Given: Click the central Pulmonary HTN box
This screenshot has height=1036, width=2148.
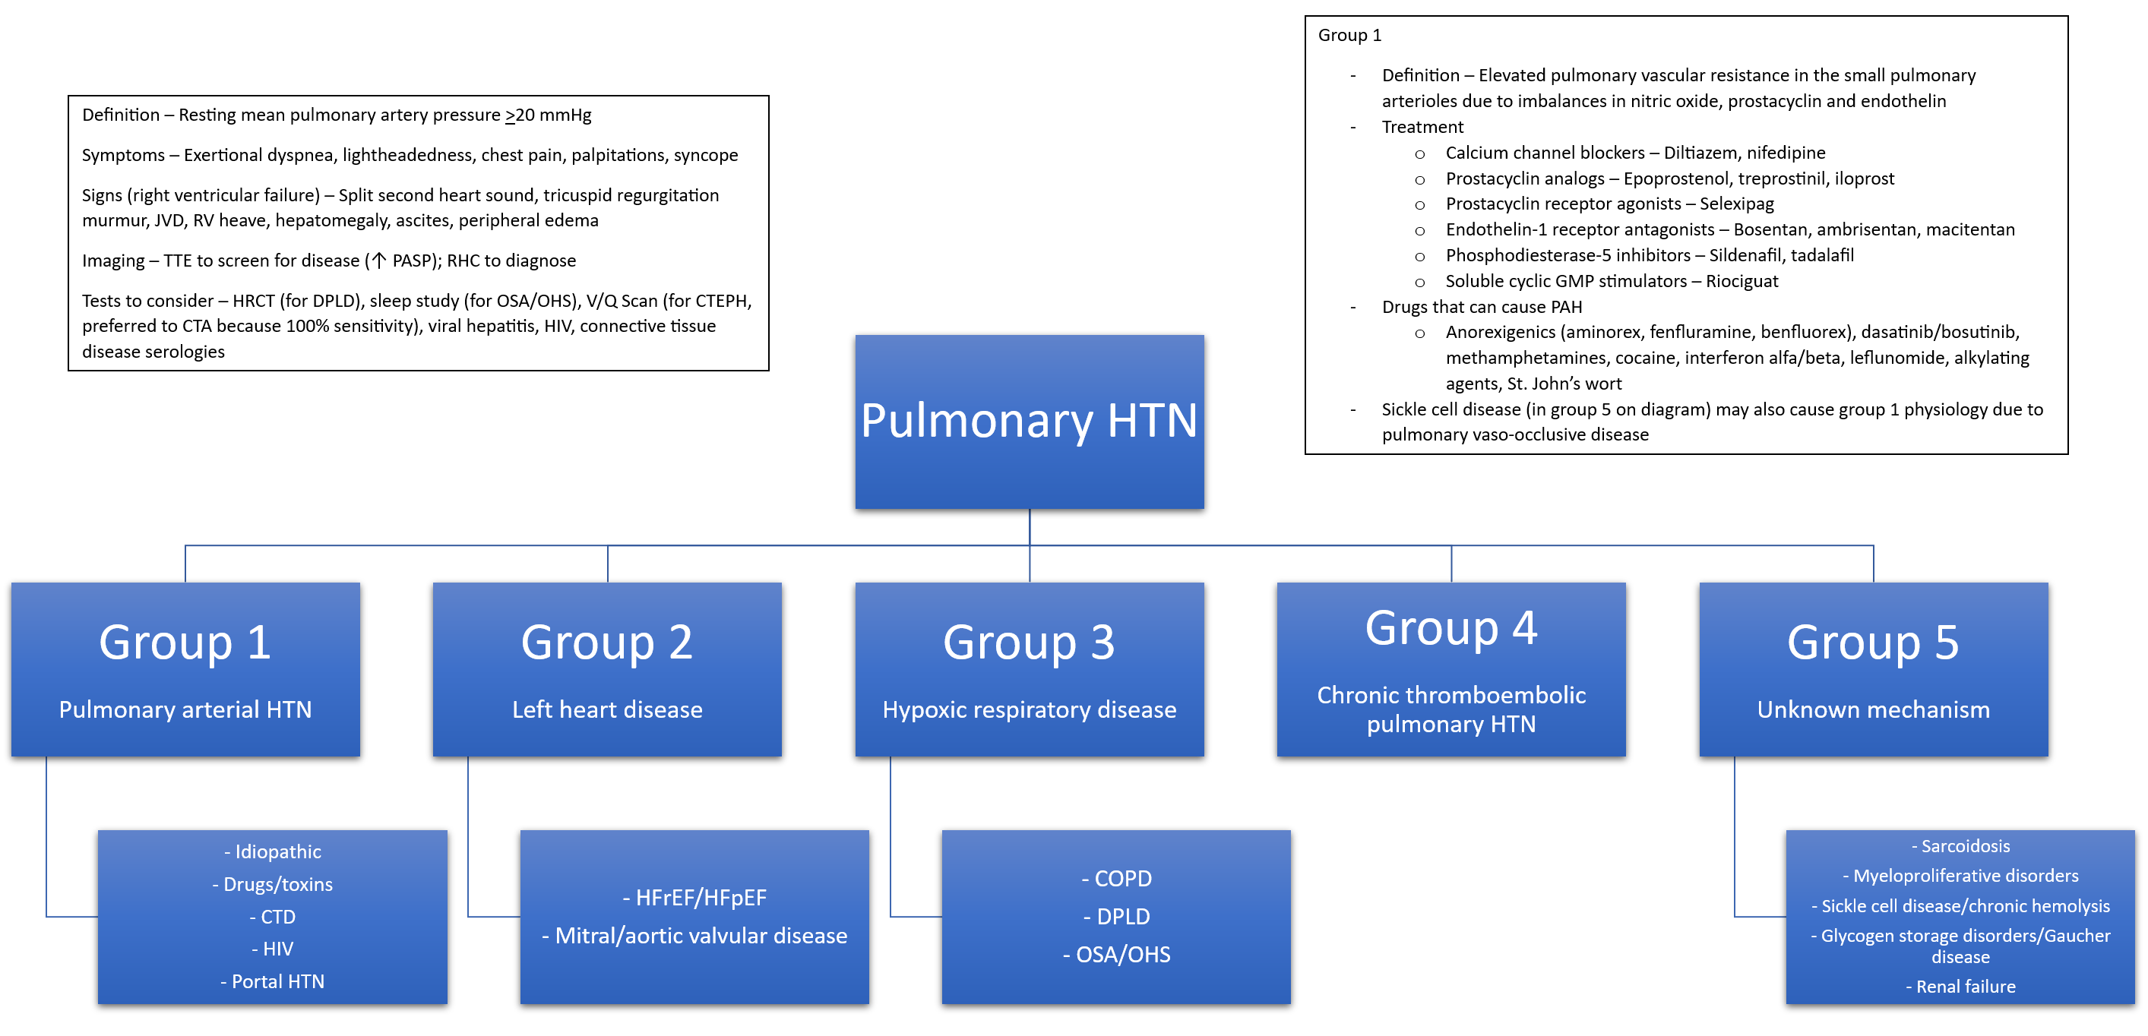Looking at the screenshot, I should point(1029,422).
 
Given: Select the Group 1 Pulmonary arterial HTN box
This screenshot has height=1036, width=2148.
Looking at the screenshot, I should point(185,669).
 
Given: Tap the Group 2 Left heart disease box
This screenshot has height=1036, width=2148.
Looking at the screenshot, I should point(607,669).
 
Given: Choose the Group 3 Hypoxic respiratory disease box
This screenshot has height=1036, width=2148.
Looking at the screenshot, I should point(1029,669).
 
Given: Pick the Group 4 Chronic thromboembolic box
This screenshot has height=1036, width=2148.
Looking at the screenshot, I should point(1451,669).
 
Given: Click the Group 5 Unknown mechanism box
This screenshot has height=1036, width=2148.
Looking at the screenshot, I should point(1873,669).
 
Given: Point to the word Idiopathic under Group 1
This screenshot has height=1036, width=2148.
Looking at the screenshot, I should point(277,851).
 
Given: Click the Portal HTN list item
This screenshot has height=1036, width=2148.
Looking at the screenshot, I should point(277,982).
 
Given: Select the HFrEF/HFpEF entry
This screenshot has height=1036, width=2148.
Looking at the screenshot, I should point(701,898).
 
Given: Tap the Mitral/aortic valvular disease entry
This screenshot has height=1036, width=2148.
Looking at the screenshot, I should point(701,936).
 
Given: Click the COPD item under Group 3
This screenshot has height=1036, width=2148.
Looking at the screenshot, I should point(1122,879).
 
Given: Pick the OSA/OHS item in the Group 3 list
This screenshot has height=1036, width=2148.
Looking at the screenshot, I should point(1122,954).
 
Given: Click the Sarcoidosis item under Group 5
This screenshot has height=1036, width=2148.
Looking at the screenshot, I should point(1966,846).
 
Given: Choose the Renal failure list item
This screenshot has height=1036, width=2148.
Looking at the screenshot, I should point(1966,987).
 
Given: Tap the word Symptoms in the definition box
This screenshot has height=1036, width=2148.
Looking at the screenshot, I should point(122,156).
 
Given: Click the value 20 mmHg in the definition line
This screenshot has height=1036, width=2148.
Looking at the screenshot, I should point(553,115).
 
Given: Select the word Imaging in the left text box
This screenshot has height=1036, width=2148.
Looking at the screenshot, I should point(112,261).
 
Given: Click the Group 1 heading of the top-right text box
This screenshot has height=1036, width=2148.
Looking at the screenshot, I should point(1349,36).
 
